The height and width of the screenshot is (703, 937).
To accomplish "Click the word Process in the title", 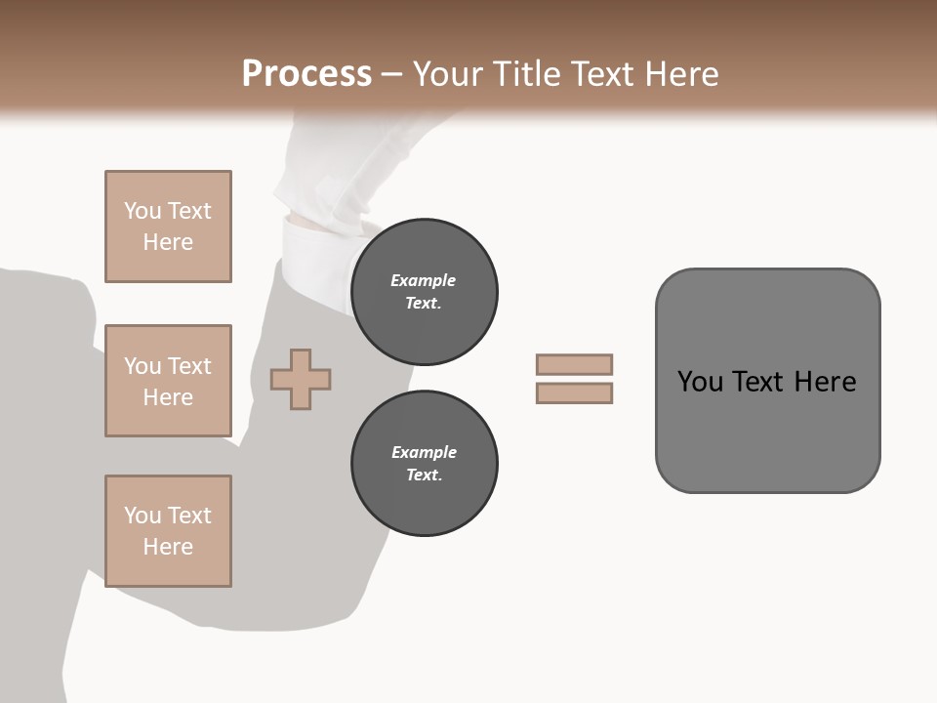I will point(306,74).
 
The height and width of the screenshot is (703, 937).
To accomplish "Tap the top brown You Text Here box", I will point(168,227).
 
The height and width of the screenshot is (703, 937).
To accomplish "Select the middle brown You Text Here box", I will point(168,381).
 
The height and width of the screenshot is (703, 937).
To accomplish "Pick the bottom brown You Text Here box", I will point(168,531).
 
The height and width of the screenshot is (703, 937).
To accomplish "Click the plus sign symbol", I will point(301,379).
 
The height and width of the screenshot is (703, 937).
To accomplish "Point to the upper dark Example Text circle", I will point(425,292).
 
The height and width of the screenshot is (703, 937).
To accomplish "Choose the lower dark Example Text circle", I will point(425,464).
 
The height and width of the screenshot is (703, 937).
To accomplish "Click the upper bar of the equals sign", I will point(575,364).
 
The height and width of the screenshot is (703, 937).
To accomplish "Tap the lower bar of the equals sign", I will point(575,393).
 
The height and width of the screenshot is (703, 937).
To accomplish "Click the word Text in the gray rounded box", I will point(758,382).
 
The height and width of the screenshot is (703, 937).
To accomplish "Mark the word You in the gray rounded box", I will point(699,382).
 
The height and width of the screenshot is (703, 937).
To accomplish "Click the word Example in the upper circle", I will point(424,280).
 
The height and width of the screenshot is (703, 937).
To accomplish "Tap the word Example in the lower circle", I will point(424,452).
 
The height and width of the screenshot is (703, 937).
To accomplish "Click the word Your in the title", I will point(449,74).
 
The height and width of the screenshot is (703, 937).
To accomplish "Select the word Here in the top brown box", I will point(168,242).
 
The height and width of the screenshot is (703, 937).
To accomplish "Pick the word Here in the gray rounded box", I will point(825,382).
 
